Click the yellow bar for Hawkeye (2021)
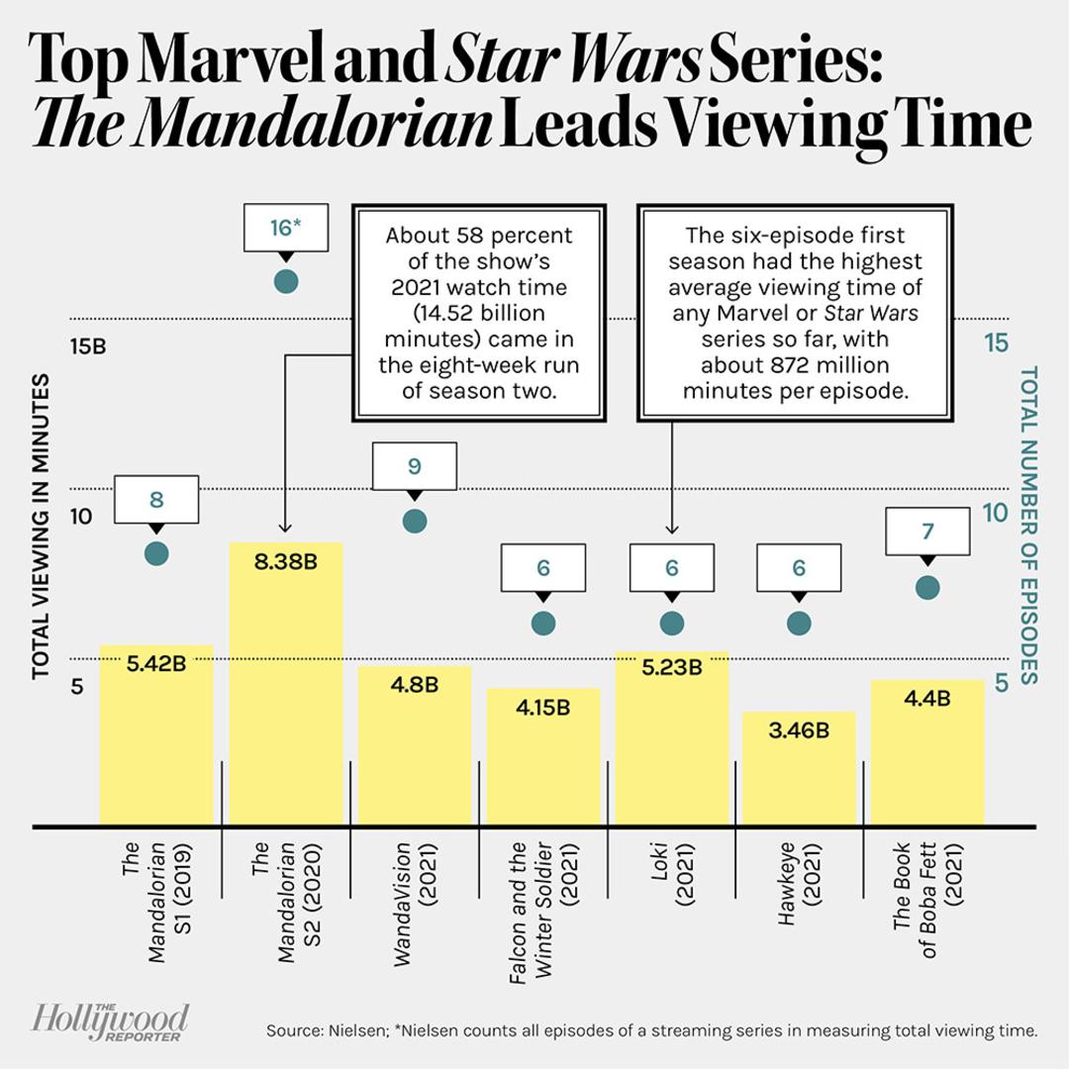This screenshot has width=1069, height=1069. [x=799, y=768]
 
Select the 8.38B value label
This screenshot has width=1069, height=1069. [x=286, y=562]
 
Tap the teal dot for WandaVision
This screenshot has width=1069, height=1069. [x=415, y=522]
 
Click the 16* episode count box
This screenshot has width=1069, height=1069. [x=286, y=227]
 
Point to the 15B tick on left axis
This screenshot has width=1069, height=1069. [x=88, y=346]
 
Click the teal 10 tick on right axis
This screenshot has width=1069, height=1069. [x=995, y=513]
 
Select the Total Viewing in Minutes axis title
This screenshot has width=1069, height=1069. [x=41, y=527]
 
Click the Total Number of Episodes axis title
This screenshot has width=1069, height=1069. [x=1028, y=525]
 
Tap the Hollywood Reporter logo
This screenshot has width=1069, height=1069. [x=111, y=1021]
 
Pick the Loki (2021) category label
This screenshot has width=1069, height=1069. [x=671, y=874]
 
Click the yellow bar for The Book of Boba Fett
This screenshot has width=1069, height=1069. [x=927, y=752]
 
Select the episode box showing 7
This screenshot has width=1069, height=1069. [x=927, y=532]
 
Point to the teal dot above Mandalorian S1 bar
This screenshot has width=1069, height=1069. [x=156, y=553]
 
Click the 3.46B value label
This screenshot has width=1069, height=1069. [x=799, y=730]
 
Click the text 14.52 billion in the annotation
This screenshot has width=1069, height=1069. [x=480, y=313]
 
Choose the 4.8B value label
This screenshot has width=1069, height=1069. [x=415, y=684]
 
